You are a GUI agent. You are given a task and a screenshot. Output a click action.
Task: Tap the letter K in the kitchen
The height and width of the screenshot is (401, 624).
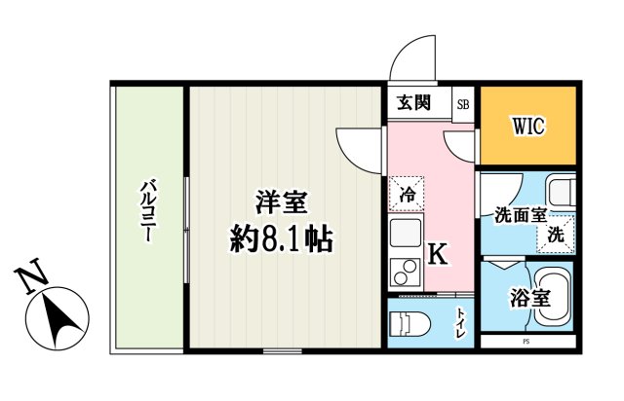pos(438,255)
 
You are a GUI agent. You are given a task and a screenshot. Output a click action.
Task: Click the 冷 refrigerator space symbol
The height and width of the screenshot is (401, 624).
pos(406,193)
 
